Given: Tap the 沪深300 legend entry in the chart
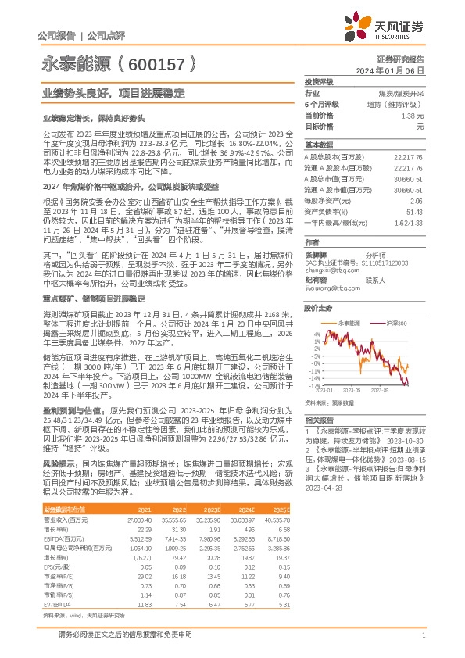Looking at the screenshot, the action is tap(398, 323).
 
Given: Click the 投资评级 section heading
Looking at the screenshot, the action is tap(318, 81).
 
